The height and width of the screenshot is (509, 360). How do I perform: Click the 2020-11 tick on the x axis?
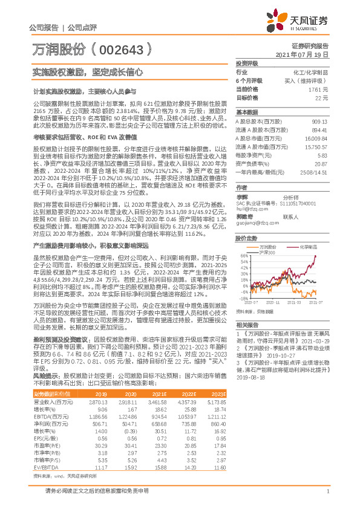pos(273,302)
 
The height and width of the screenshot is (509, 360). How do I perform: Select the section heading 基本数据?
pos(246,112)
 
